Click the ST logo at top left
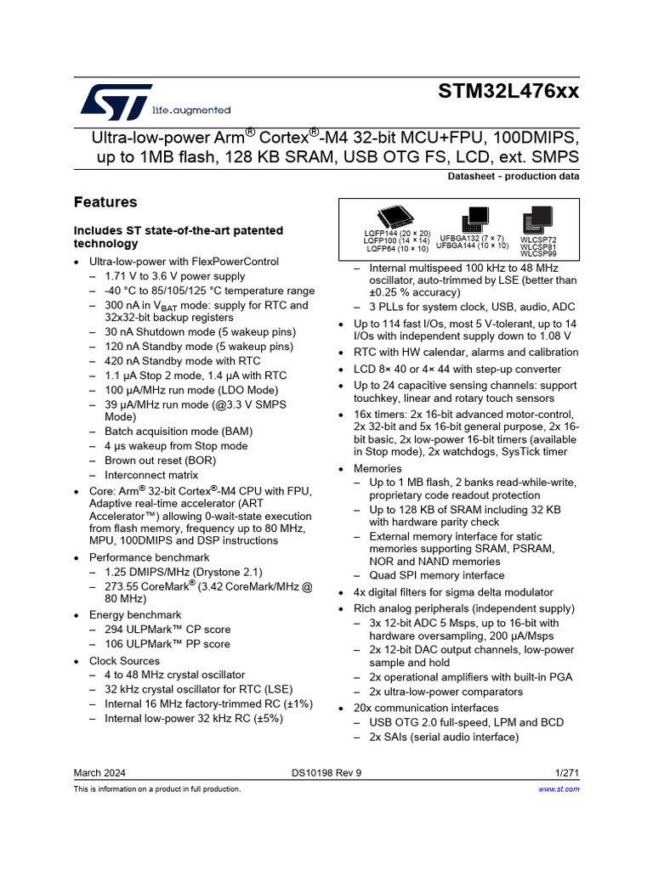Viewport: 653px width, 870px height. coord(116,101)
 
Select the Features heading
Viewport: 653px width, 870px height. coord(105,202)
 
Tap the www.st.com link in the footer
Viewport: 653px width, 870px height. coord(559,789)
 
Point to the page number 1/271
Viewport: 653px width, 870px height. coord(567,772)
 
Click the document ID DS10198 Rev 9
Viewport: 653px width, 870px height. coord(326,772)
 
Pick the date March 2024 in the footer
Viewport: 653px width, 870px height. coord(100,772)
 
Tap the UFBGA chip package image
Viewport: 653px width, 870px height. coord(474,218)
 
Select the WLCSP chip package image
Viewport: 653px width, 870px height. coord(537,219)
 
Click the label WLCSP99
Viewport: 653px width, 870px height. coord(538,254)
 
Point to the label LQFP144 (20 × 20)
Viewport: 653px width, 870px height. coord(398,233)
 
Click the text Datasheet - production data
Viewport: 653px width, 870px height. coord(514,177)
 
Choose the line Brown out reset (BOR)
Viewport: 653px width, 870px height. coord(161,460)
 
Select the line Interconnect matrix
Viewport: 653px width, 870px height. coord(151,475)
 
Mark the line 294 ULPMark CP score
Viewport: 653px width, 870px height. coord(168,630)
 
